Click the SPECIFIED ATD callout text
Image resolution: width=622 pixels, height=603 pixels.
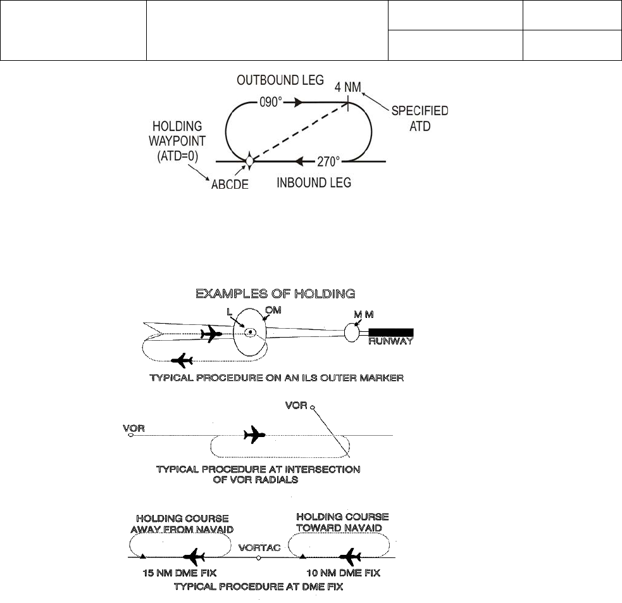click(420, 118)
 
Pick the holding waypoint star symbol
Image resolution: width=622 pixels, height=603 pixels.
click(249, 161)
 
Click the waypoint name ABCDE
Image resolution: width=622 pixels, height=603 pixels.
click(230, 184)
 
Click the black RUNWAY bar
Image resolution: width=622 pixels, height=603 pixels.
click(391, 332)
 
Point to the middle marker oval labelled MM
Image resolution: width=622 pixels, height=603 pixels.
click(351, 331)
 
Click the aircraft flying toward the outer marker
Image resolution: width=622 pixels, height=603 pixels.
click(210, 334)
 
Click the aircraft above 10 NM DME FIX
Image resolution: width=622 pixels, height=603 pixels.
click(349, 557)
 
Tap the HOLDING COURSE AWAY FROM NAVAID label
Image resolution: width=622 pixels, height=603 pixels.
click(180, 523)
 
